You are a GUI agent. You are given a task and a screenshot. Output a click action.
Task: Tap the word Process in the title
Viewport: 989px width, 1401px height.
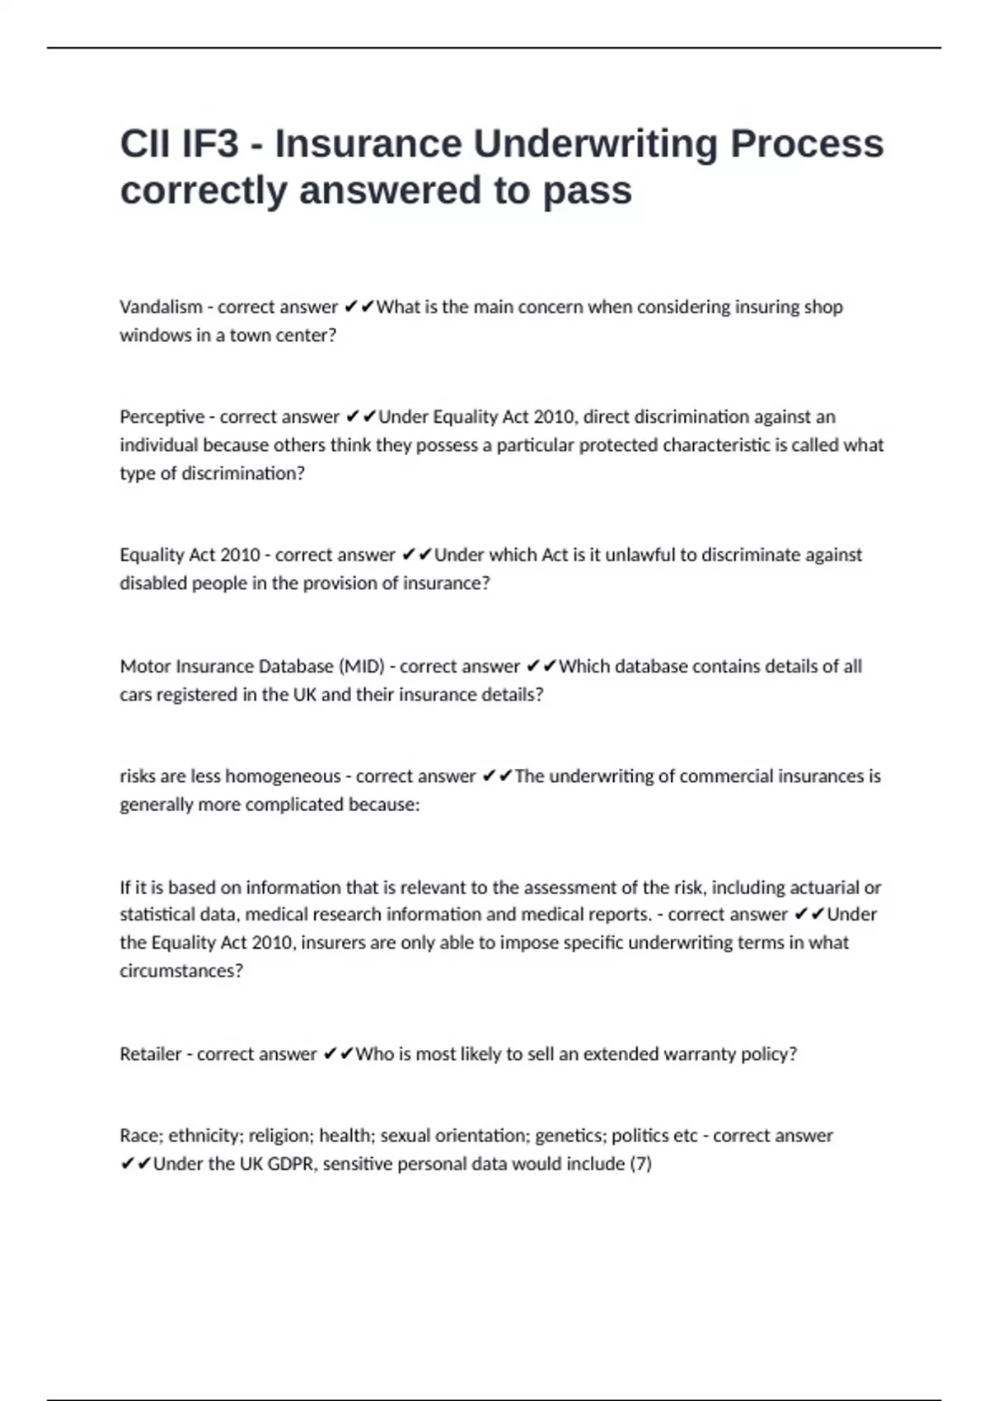[807, 144]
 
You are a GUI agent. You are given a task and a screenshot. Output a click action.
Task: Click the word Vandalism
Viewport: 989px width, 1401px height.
[161, 307]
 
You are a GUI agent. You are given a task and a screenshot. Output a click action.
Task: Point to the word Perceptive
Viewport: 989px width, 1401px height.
[162, 416]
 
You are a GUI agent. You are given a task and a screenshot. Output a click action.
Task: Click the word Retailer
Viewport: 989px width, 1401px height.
[150, 1054]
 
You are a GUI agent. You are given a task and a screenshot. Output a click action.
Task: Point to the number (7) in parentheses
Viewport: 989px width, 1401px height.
[640, 1164]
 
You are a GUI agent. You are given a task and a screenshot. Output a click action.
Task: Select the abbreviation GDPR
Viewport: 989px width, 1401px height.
[292, 1164]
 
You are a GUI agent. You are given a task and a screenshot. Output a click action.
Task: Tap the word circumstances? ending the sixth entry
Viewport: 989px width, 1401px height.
[181, 971]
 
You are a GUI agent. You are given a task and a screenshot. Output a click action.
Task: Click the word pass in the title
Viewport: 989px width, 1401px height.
[587, 191]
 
